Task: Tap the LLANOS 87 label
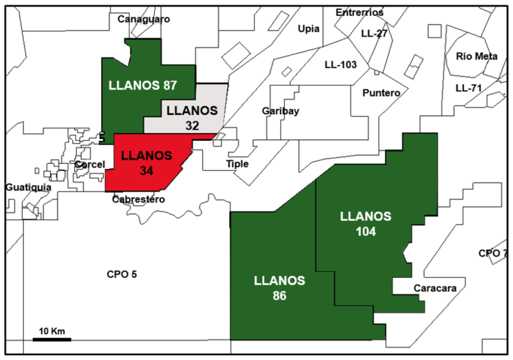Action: [x=142, y=85]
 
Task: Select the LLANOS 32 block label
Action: [x=192, y=116]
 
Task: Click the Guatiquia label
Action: [x=28, y=188]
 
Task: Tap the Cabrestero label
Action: [x=139, y=199]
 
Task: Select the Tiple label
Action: [x=237, y=164]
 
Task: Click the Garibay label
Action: [x=280, y=111]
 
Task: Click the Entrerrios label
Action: [x=359, y=12]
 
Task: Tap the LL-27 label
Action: [x=374, y=33]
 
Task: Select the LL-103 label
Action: [x=341, y=65]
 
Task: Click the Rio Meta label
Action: [x=477, y=56]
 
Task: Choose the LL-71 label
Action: [x=469, y=87]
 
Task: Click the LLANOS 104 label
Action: [x=365, y=224]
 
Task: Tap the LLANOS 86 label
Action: [x=280, y=287]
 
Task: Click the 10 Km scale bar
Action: [x=51, y=339]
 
